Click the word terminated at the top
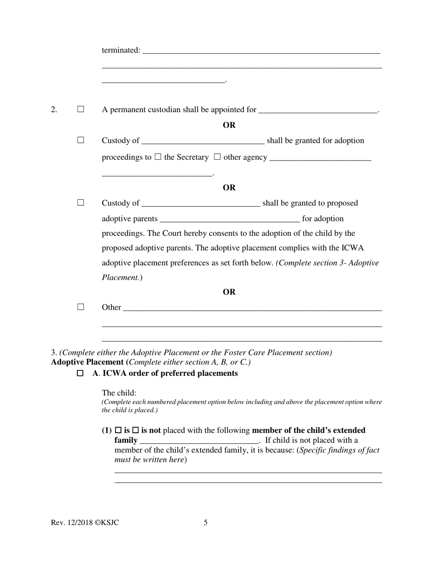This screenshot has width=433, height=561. tap(121, 50)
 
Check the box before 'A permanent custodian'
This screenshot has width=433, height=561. tap(81, 109)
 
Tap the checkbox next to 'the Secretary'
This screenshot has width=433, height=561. tap(158, 157)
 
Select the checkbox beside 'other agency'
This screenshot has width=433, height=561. tap(217, 157)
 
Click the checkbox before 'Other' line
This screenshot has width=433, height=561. tap(81, 307)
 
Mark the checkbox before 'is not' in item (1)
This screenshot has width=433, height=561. tap(135, 430)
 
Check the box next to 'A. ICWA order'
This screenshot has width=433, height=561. tap(80, 373)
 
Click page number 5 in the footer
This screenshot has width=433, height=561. tap(206, 523)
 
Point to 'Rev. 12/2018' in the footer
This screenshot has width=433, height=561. tap(72, 523)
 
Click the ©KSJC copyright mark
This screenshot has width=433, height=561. tap(107, 523)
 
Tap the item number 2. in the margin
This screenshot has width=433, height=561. tap(54, 109)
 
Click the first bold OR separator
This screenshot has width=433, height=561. tap(229, 125)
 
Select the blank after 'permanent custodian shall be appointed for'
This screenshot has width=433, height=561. tap(318, 110)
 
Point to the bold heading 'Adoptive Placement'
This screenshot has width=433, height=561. tap(88, 362)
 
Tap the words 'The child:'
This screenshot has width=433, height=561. tap(119, 393)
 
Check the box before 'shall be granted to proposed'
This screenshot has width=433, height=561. tap(81, 203)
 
